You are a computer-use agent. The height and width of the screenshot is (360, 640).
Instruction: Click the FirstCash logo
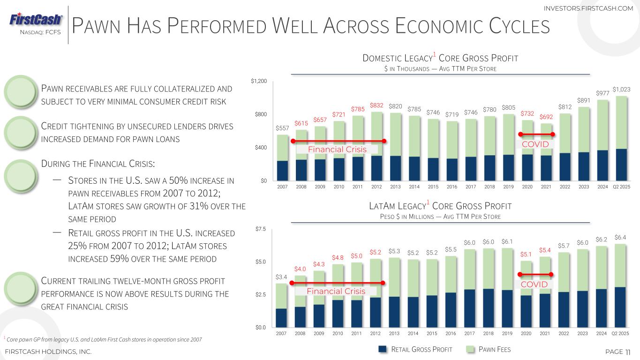click(36, 20)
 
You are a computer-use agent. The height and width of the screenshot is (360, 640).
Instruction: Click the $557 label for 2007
click(282, 127)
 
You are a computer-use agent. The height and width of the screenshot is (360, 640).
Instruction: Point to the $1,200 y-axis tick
click(259, 82)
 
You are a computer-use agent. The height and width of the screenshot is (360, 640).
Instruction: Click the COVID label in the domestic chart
click(535, 144)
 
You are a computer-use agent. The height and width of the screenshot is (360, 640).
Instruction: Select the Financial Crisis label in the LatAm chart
click(336, 291)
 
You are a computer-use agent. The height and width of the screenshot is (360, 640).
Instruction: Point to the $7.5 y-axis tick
click(261, 229)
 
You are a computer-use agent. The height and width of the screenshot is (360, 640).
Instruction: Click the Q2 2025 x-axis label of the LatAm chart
click(620, 333)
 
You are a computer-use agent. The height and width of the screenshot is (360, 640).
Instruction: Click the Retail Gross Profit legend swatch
click(383, 349)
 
